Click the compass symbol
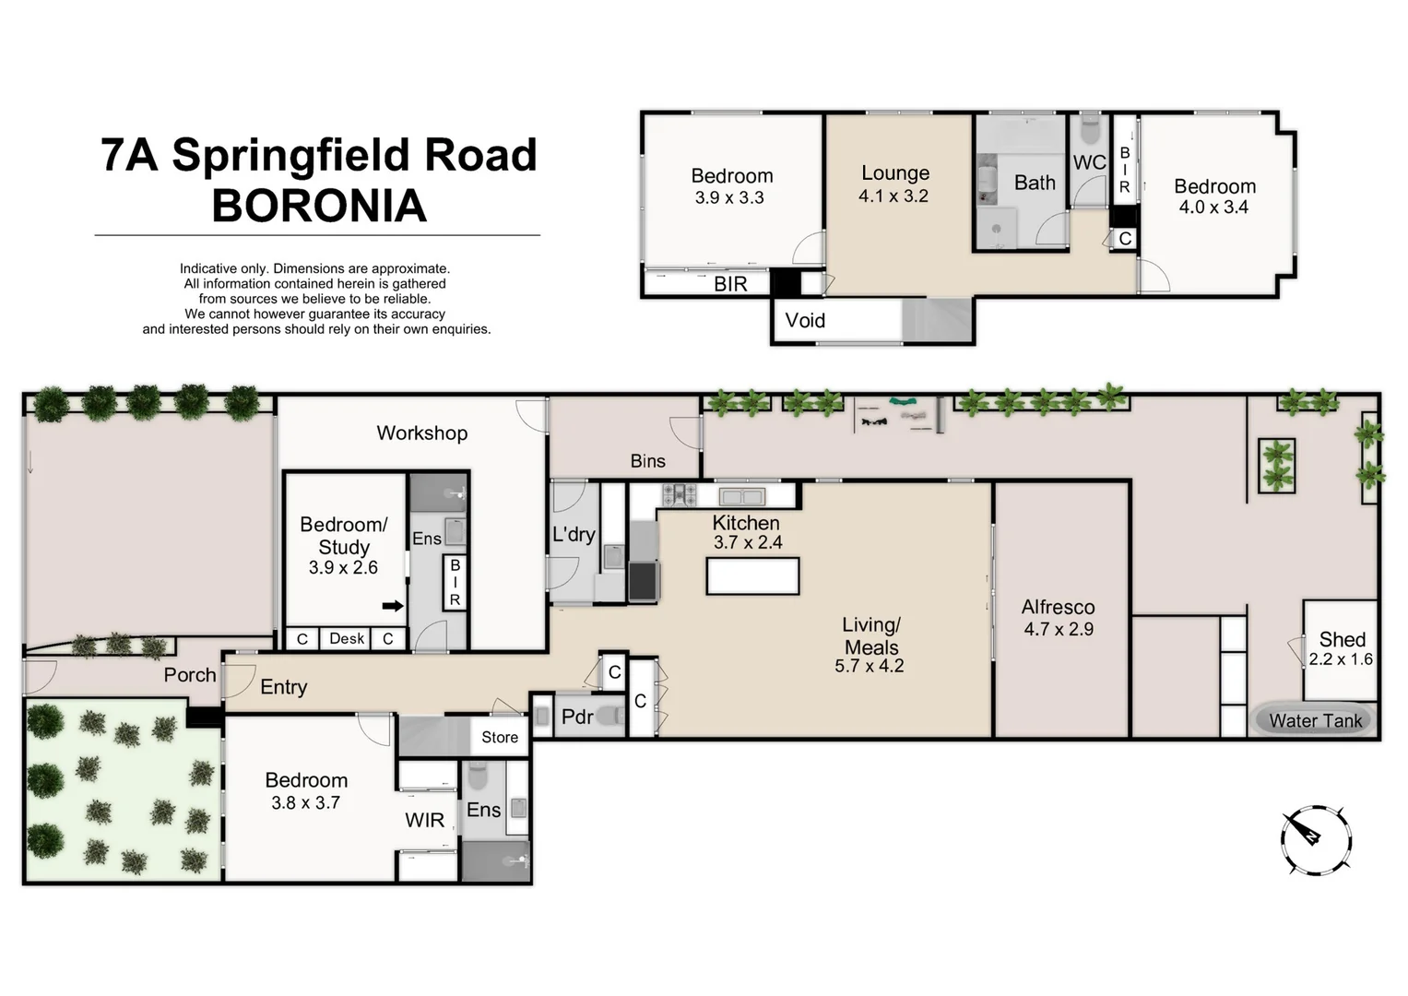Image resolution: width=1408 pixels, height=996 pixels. pos(1316,839)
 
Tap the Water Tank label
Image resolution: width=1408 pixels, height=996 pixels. pos(1315,721)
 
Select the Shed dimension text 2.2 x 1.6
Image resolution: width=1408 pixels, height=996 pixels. pos(1341,659)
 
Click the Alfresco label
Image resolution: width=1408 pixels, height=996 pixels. pos(1058,607)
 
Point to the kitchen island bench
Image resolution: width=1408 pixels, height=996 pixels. pos(752,576)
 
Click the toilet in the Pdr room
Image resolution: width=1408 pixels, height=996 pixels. pos(609,716)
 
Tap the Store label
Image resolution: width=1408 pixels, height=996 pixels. pos(500,737)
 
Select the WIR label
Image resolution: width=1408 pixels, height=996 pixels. pos(424,820)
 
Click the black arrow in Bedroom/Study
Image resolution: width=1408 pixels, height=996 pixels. pos(393,606)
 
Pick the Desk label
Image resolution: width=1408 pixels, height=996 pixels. pos(347,638)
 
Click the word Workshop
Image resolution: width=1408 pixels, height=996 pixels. pos(421,433)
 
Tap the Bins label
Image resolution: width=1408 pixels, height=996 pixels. pos(647,461)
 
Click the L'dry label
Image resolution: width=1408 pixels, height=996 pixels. pos(574,534)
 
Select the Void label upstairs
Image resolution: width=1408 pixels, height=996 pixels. pos(805,321)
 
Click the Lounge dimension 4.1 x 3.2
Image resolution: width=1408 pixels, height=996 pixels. pos(893,196)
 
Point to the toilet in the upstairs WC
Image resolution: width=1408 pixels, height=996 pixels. pos(1089,131)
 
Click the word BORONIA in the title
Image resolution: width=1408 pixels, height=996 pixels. pos(319,206)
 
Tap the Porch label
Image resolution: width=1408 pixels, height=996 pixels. pos(190,675)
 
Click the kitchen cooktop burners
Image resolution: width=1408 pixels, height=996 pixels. pos(680,495)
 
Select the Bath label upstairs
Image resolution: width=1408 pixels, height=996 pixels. pos(1035,183)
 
